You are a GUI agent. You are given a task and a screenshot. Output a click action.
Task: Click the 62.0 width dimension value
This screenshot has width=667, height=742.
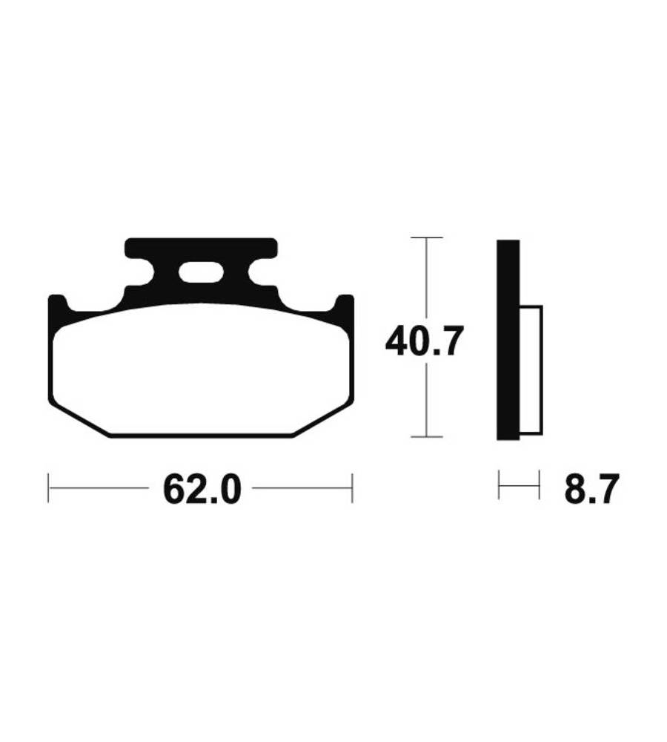pyautogui.click(x=202, y=489)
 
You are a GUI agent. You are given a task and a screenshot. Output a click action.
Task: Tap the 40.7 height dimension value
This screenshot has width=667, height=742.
pyautogui.click(x=422, y=341)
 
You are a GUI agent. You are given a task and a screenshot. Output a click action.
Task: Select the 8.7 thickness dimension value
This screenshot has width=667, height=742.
pyautogui.click(x=591, y=489)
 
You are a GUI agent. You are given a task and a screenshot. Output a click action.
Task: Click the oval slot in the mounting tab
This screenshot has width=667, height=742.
pyautogui.click(x=201, y=272)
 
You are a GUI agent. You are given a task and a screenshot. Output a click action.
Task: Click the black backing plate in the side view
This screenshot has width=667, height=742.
pyautogui.click(x=508, y=340)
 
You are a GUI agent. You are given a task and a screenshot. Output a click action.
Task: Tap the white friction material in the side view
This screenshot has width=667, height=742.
pyautogui.click(x=531, y=370)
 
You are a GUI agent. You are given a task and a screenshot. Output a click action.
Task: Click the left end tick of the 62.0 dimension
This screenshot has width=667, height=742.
pyautogui.click(x=49, y=487)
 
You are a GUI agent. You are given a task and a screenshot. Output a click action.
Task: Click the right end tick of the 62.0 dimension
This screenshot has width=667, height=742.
pyautogui.click(x=352, y=487)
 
